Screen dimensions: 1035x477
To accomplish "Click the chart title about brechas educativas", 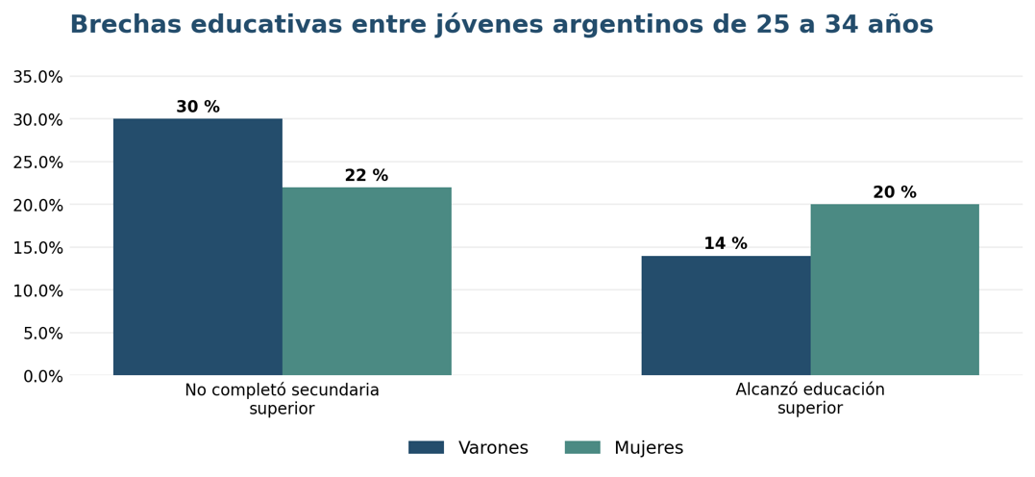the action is pos(502,24).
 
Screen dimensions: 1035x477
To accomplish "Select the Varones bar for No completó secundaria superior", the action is pos(198,247).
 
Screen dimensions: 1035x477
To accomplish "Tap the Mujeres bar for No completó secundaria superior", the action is pos(367,282).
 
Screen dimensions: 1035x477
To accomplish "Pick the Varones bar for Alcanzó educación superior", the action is pos(727,315).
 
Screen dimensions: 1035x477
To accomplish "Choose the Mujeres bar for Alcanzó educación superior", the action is pos(895,290).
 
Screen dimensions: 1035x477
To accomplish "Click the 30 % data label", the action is pos(198,107).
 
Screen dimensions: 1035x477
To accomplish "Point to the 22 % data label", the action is pos(367,176).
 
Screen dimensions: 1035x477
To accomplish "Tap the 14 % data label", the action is pos(727,243).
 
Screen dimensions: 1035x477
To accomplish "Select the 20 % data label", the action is pos(895,192).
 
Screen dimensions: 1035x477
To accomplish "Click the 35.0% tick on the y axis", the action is pos(37,77).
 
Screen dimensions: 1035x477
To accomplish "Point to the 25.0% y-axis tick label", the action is pos(37,163).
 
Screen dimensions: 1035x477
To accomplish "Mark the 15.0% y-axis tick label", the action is pos(37,248).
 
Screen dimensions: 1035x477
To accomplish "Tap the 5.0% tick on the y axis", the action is pos(42,334).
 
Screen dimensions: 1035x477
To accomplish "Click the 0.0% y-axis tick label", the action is pos(42,376).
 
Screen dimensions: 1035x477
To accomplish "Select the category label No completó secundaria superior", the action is pos(282,399).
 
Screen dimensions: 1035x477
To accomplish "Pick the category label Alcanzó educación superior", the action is pos(810,399).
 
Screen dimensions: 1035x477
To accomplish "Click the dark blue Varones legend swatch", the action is pos(427,447).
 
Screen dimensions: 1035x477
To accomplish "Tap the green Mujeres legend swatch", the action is pos(582,447).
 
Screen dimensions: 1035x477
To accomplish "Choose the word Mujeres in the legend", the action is pos(649,448).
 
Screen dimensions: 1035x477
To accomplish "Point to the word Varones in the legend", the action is pos(494,448).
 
